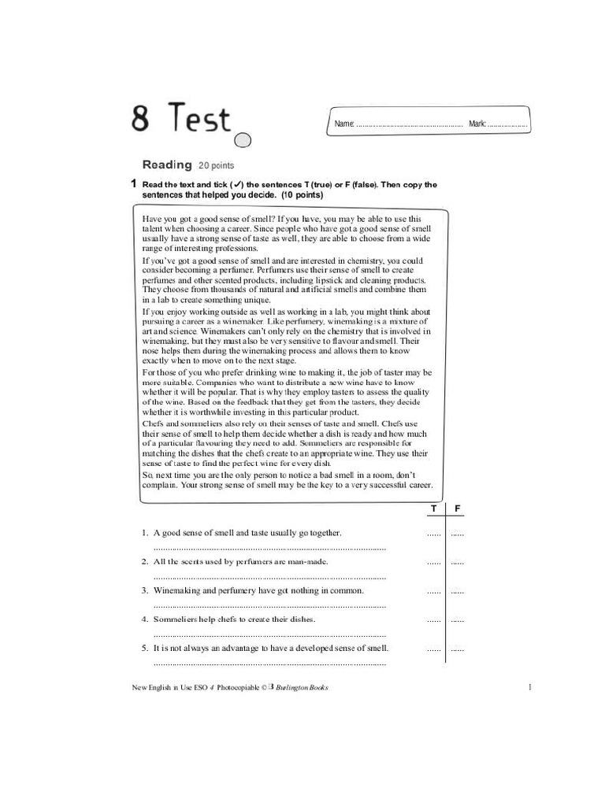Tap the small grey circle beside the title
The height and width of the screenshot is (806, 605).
coord(243,141)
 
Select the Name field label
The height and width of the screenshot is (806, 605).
coord(344,124)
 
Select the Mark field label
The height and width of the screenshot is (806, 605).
coord(477,124)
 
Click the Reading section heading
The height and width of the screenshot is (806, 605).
coord(167,165)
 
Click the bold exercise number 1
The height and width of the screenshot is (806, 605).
coord(134,184)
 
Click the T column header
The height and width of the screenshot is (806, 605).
coord(433,509)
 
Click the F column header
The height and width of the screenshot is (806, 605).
coord(457,509)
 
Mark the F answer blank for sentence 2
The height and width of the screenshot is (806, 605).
coord(457,563)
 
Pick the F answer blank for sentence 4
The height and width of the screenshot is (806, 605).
coord(457,620)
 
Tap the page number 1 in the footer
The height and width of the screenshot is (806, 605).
coord(531,687)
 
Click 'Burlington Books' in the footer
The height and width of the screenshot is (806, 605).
coord(302,687)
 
